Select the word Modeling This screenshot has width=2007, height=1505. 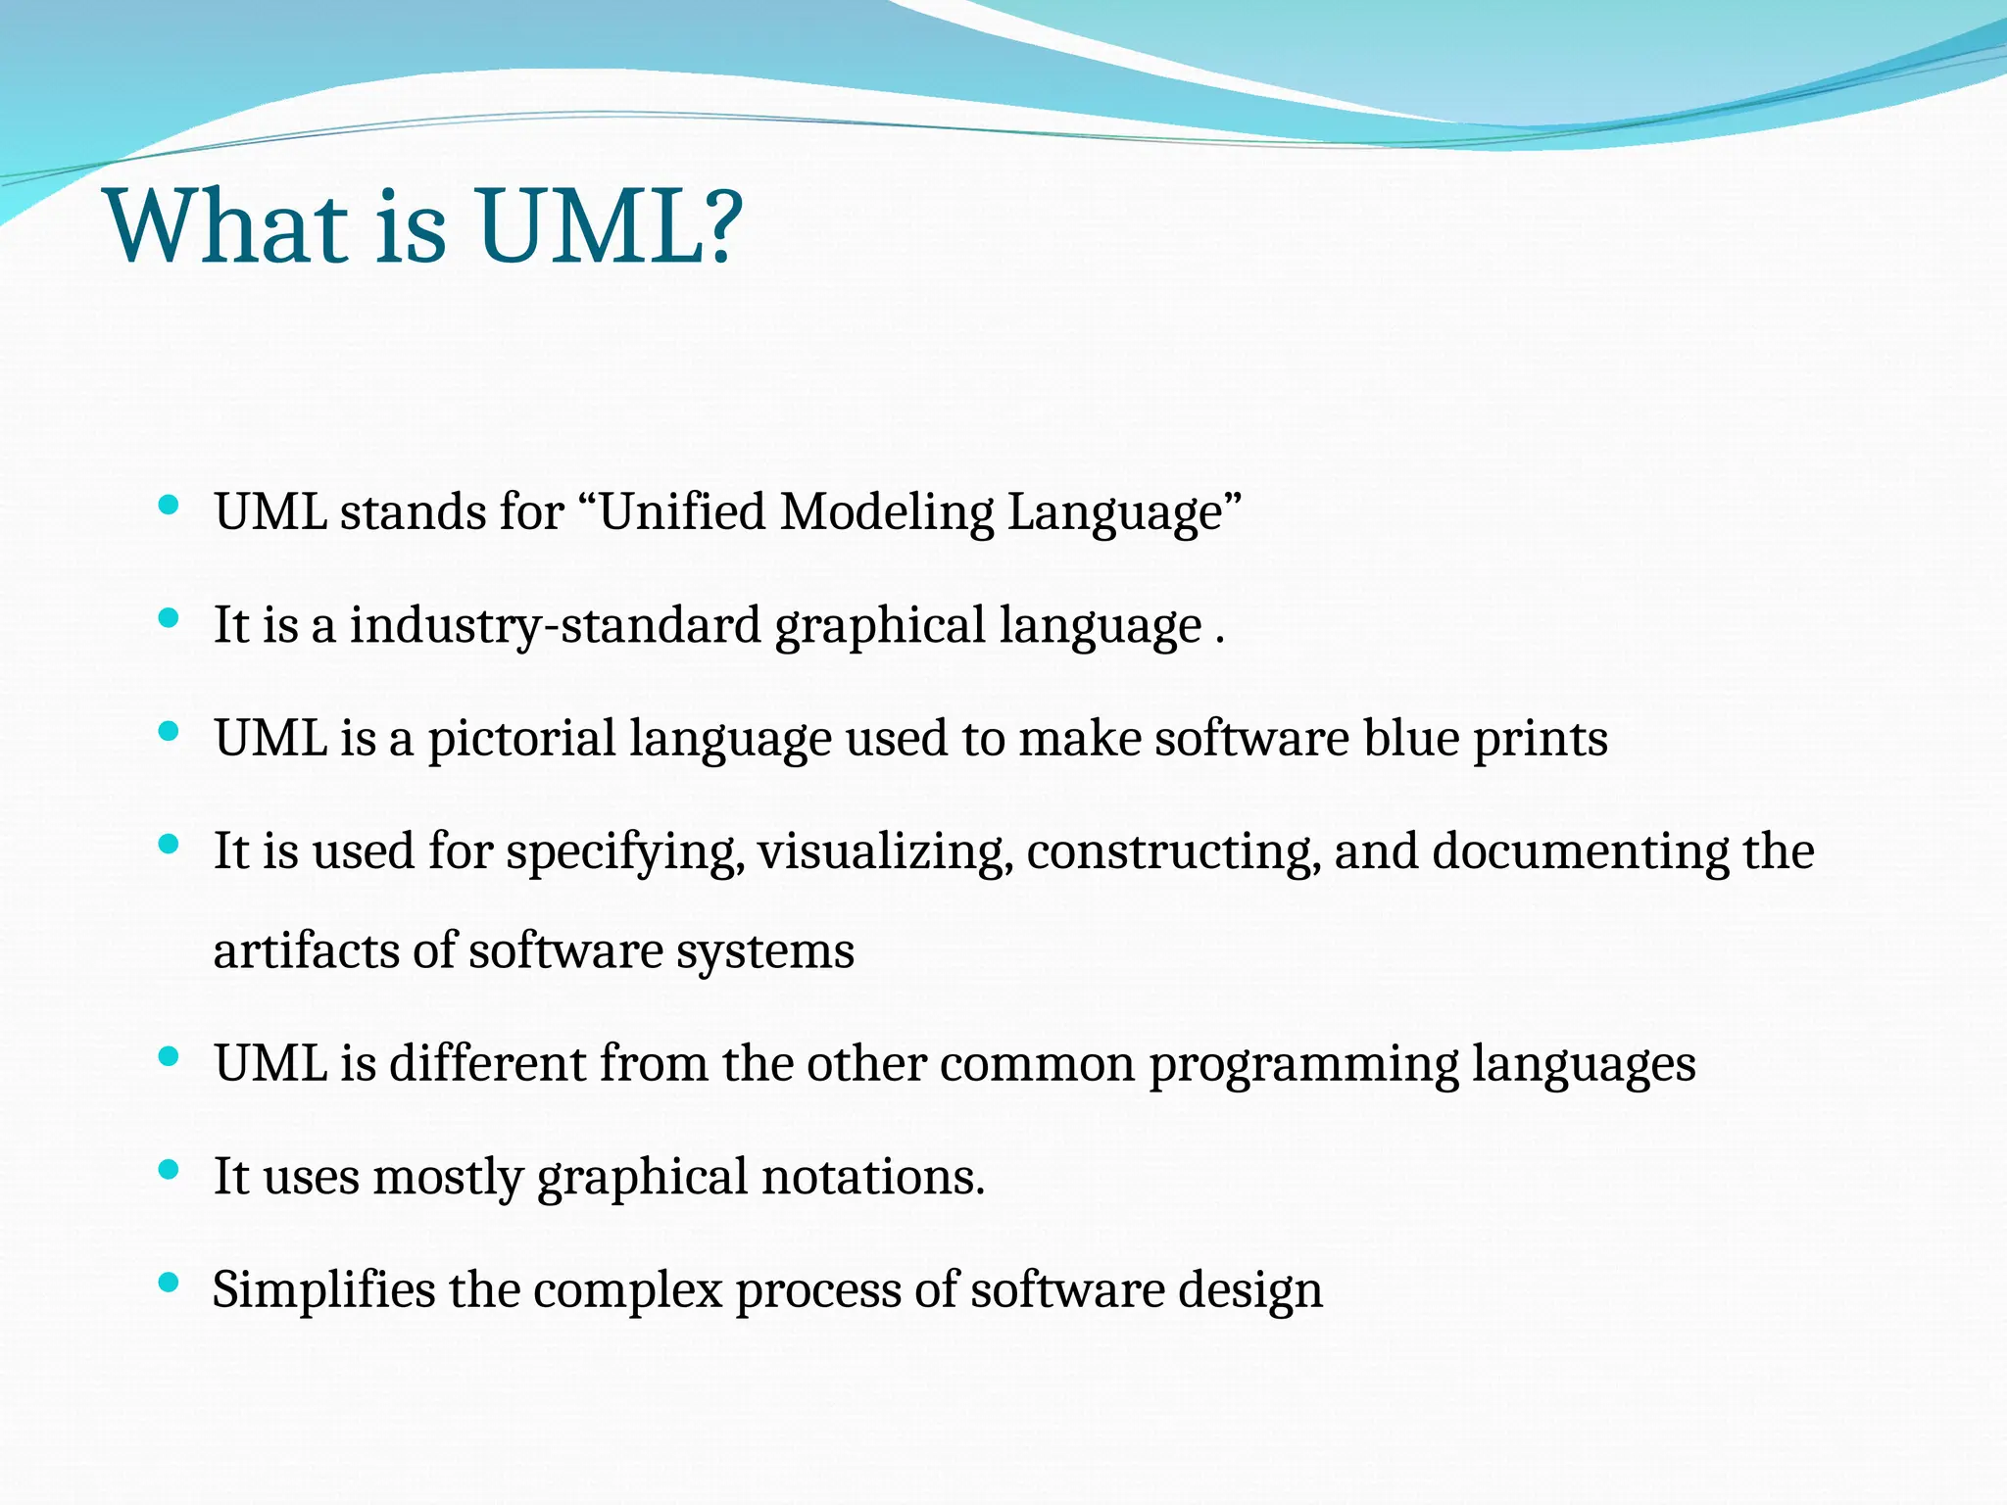(886, 513)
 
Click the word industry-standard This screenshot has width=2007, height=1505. (555, 626)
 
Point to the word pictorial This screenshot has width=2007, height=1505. (520, 740)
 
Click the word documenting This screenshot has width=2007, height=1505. (1580, 850)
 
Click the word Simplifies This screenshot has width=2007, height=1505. (323, 1289)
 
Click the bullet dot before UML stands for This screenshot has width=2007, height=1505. (169, 506)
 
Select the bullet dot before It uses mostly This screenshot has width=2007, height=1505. (169, 1169)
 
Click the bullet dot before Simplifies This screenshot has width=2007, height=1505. (169, 1283)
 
